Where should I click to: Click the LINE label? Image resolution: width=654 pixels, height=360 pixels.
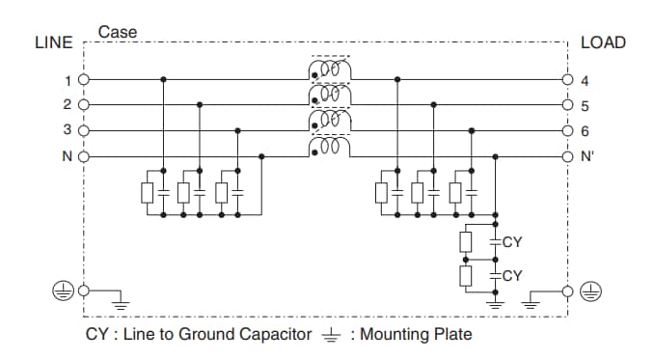coord(54,42)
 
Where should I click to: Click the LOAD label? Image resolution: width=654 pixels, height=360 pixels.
coord(603,42)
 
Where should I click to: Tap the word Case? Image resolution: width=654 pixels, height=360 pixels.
coord(118,32)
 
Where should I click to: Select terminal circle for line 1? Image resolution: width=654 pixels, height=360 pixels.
coord(84,80)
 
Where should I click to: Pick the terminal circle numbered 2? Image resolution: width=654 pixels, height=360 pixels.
coord(84,105)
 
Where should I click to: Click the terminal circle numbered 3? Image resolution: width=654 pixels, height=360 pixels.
coord(84,130)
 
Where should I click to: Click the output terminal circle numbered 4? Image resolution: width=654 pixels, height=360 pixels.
coord(569,80)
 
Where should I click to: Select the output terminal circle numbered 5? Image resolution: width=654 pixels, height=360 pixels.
coord(569,105)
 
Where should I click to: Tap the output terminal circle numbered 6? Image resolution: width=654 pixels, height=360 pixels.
coord(569,130)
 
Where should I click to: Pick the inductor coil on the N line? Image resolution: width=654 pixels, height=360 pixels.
coord(330,147)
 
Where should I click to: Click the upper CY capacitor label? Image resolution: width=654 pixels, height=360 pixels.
coord(512,242)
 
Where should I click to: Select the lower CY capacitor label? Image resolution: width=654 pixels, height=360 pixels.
coord(512,275)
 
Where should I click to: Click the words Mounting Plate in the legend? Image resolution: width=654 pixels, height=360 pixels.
coord(416,335)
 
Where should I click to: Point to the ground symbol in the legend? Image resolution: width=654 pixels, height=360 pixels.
coord(331,335)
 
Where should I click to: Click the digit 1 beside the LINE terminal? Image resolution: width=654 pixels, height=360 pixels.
coord(68,80)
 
